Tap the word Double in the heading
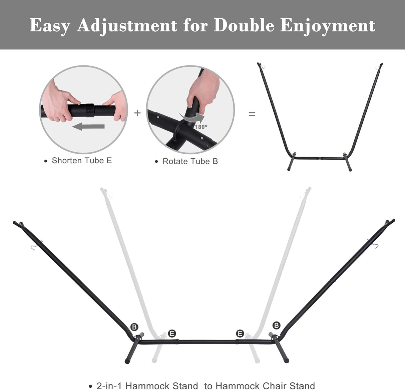pos(244,25)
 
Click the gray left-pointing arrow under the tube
pos(88,127)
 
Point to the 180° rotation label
pos(201,127)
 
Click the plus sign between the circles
pos(137,113)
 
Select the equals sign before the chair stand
pos(252,114)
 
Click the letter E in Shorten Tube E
pos(109,160)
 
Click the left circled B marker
pos(134,327)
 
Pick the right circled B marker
pos(276,325)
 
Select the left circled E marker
pos(172,334)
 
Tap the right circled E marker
pos(240,334)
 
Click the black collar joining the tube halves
pos(90,110)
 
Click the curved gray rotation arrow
pos(192,118)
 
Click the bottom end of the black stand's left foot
pos(127,361)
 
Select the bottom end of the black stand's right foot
pos(287,360)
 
